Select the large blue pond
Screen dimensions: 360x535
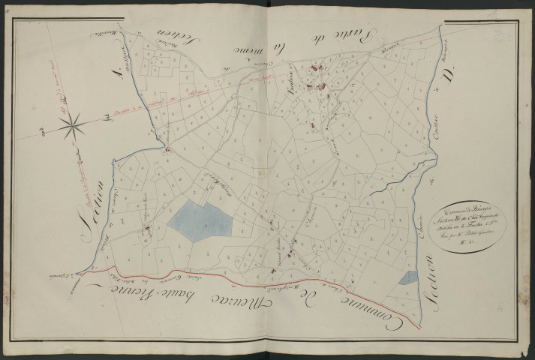200,220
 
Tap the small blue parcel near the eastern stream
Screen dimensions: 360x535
407,277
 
